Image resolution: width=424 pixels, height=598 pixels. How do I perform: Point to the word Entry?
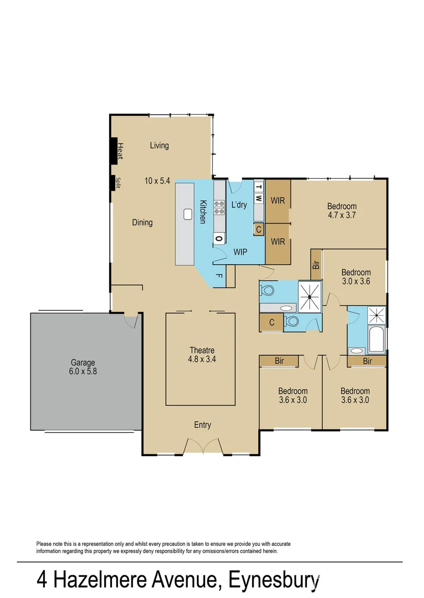[202, 425]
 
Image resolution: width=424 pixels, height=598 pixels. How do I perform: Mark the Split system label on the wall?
[118, 183]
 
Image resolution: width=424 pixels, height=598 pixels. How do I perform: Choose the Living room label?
[159, 146]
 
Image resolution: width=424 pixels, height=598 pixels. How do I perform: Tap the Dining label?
[142, 223]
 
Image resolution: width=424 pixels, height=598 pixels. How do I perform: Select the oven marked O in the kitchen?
[219, 239]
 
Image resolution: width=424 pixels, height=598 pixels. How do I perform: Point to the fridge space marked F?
[219, 275]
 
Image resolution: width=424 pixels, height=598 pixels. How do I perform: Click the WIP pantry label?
[240, 252]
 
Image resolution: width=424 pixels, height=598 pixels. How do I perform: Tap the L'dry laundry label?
[239, 205]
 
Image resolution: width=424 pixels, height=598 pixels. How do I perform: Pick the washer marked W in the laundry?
[259, 198]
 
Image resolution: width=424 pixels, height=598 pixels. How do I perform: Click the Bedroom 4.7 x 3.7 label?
[341, 210]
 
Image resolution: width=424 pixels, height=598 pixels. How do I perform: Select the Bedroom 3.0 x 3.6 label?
[355, 276]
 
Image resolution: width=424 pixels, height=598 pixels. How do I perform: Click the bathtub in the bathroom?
[377, 339]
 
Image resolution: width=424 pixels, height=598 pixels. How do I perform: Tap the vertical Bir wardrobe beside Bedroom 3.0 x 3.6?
[316, 265]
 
